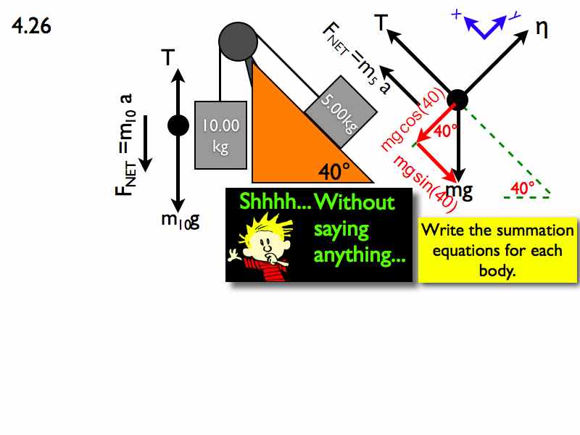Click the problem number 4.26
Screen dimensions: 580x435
click(31, 26)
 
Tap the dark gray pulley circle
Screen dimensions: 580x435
click(238, 41)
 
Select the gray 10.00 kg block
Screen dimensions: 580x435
click(221, 135)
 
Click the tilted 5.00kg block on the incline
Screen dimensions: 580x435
click(341, 112)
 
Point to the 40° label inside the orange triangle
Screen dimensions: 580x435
click(334, 172)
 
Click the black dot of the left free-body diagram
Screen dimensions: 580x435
click(178, 125)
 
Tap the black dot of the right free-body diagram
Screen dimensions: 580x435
click(457, 100)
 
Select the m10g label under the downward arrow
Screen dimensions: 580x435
click(181, 220)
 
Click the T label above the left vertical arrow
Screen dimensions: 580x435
click(168, 57)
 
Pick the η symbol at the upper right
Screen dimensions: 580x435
click(542, 29)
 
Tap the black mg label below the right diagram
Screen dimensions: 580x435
click(459, 191)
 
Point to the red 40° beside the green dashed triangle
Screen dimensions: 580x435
click(522, 188)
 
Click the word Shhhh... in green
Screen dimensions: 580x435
click(275, 202)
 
